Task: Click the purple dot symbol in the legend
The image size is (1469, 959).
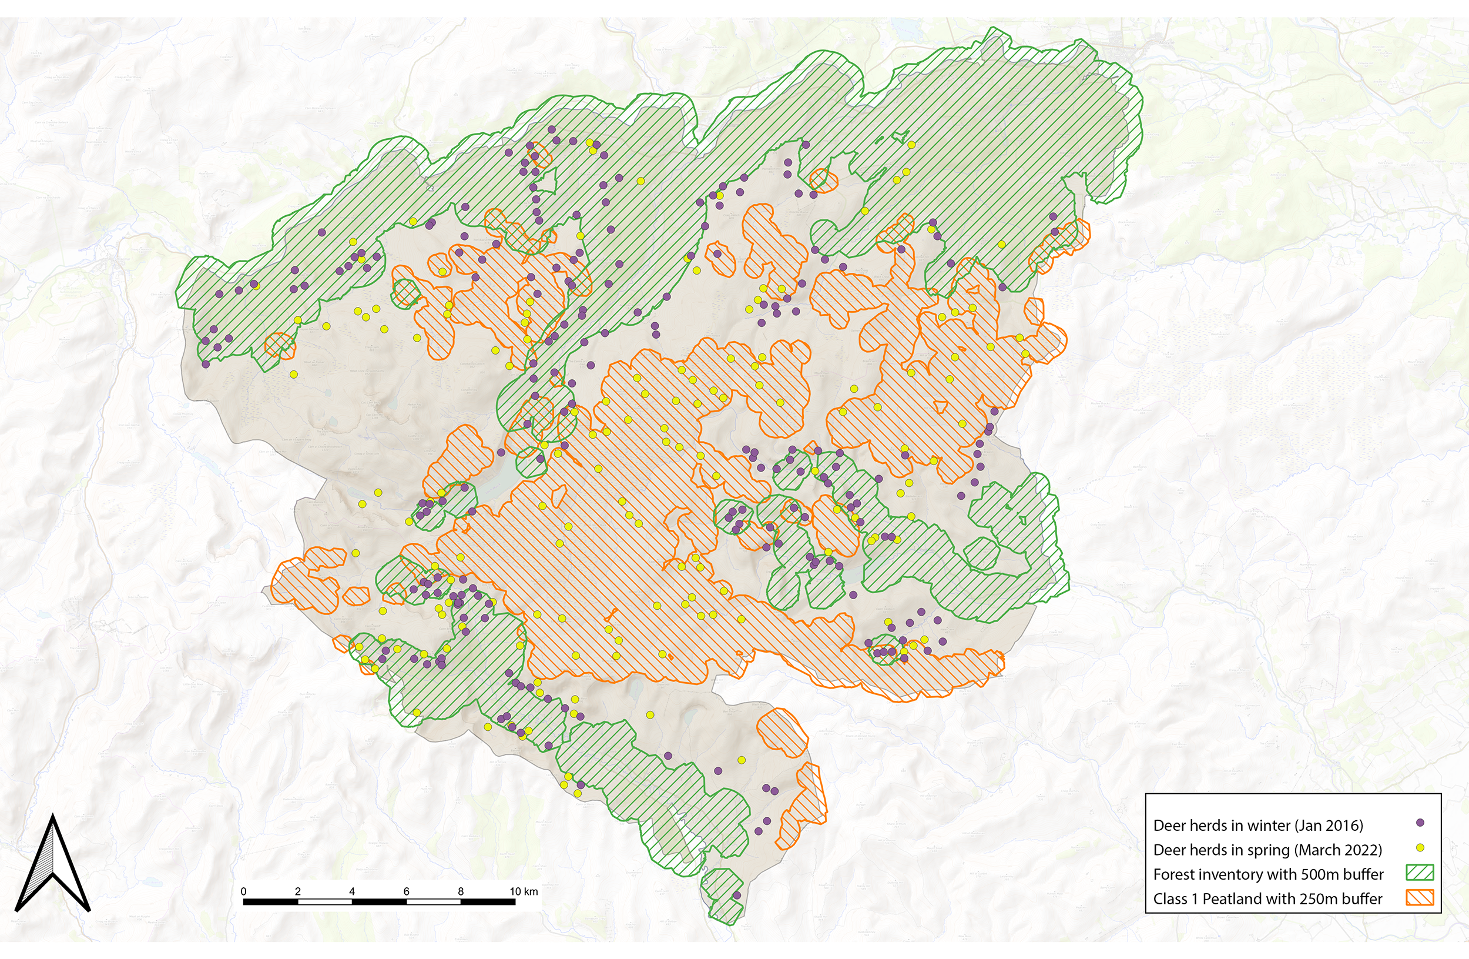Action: point(1420,823)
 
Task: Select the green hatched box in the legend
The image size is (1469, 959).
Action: point(1420,873)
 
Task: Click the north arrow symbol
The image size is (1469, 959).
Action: point(53,865)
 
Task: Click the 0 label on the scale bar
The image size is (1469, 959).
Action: point(244,891)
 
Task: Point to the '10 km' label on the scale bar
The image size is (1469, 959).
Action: point(523,891)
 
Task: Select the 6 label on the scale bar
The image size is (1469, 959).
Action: point(406,891)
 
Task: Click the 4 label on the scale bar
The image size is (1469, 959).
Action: point(352,891)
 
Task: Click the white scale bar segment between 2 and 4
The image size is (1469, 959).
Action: point(325,902)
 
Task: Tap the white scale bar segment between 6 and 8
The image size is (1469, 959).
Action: point(433,902)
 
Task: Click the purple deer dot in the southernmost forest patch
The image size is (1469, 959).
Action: point(736,895)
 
